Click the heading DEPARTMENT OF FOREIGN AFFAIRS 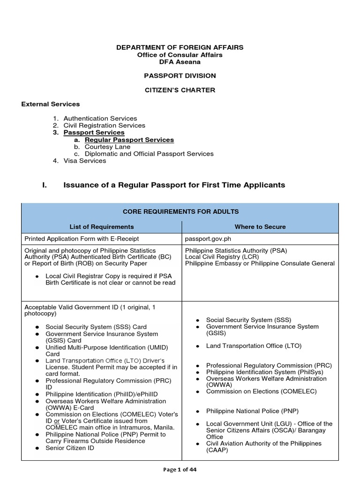pos(180,48)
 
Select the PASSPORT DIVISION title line pos(180,75)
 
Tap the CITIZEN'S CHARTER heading pos(180,90)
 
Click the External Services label pos(51,104)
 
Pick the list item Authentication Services pos(100,119)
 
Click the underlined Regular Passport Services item pos(129,140)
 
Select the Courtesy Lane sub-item pos(107,147)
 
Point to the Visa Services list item pos(85,161)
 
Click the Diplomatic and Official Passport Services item pos(149,154)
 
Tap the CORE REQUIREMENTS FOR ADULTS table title pos(180,212)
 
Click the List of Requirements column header pos(102,227)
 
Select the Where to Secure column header pos(260,227)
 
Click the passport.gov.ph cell pos(208,239)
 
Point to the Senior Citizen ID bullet pos(69,448)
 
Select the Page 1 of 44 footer pos(180,471)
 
